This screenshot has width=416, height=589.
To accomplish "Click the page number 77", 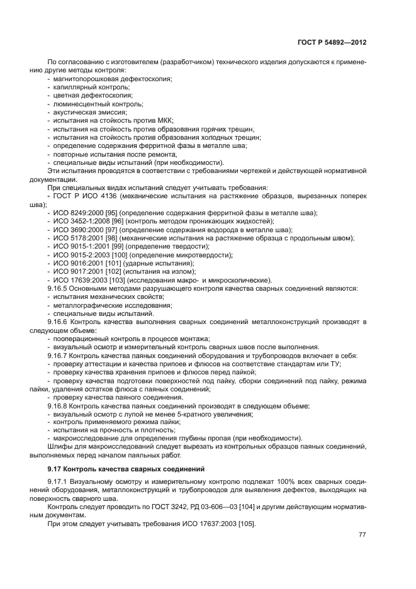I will pyautogui.click(x=363, y=535).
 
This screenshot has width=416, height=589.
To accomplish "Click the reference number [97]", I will pyautogui.click(x=118, y=230).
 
